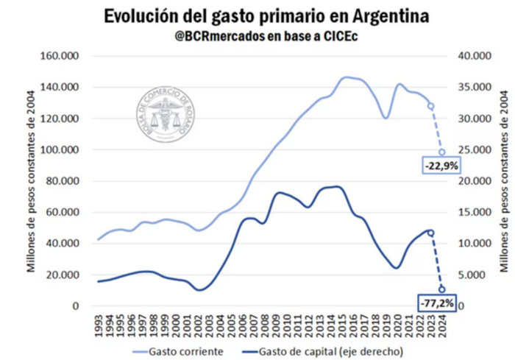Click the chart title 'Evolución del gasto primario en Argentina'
[257, 15]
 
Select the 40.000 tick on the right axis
[474, 56]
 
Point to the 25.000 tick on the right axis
[474, 150]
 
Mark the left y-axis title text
[32, 181]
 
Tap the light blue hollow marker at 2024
[442, 152]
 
